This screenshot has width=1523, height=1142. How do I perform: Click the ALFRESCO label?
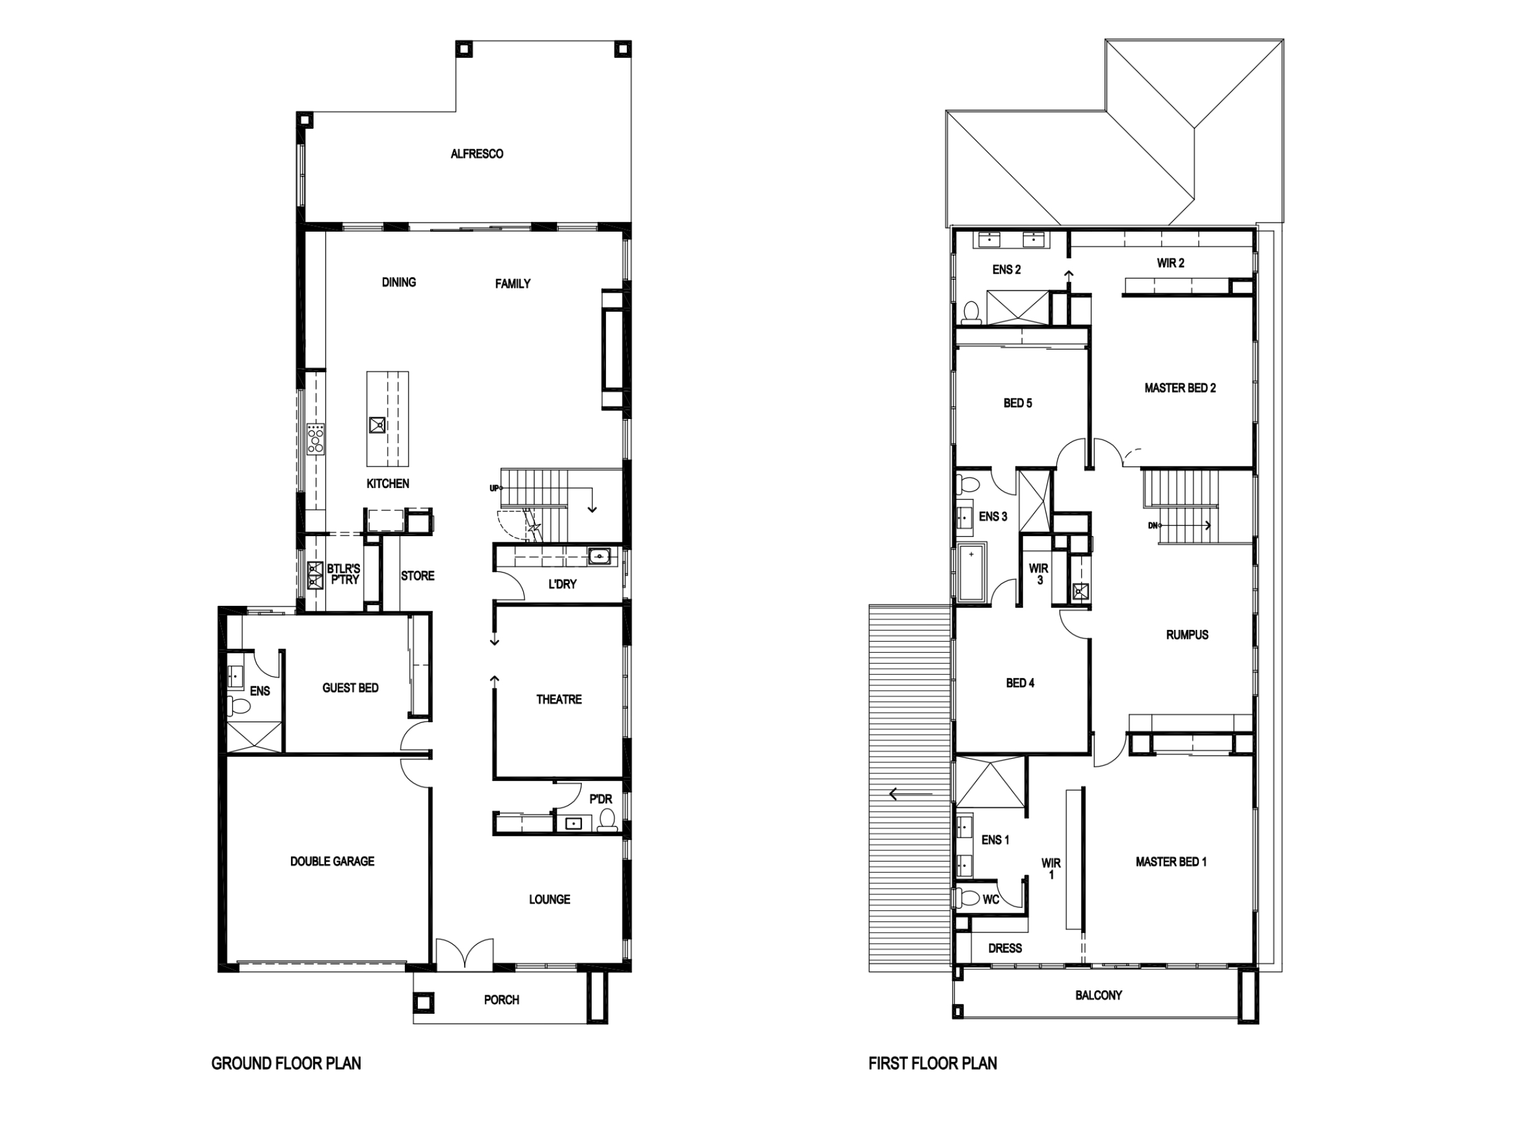pyautogui.click(x=476, y=154)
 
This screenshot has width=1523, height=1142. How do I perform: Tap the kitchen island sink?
pyautogui.click(x=377, y=425)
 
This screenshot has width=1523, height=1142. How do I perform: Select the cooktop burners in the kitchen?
pyautogui.click(x=316, y=438)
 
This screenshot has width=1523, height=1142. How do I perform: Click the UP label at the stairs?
pyautogui.click(x=494, y=488)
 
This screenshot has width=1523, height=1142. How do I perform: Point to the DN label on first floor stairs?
pyautogui.click(x=1153, y=526)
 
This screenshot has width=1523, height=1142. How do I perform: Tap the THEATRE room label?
pyautogui.click(x=558, y=699)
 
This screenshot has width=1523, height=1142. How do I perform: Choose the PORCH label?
pyautogui.click(x=501, y=1000)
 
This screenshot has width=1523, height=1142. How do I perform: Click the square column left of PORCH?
pyautogui.click(x=423, y=1002)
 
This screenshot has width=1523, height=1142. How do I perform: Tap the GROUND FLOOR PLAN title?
pyautogui.click(x=286, y=1064)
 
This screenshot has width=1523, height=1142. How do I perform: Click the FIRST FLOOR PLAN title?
pyautogui.click(x=933, y=1064)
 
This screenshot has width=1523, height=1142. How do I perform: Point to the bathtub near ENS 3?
pyautogui.click(x=971, y=573)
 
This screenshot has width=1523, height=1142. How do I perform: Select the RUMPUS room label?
pyautogui.click(x=1187, y=635)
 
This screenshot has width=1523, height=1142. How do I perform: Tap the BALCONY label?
pyautogui.click(x=1098, y=995)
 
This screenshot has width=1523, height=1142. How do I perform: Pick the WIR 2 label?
pyautogui.click(x=1170, y=263)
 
